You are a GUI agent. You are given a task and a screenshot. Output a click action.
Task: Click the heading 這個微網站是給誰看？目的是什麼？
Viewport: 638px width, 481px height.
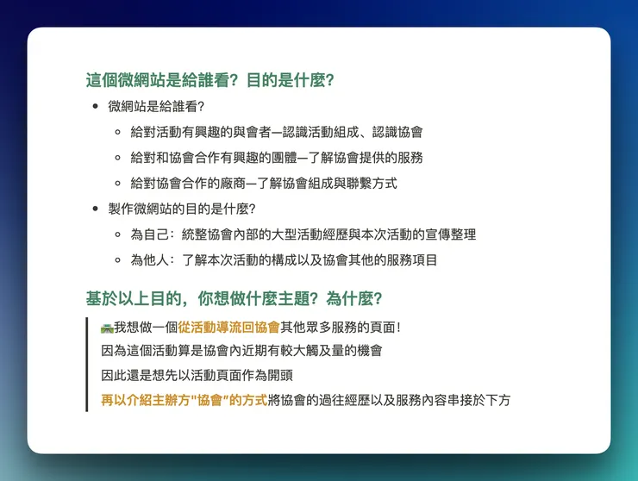coord(210,81)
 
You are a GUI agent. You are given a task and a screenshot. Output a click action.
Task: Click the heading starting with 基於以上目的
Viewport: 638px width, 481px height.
coord(234,299)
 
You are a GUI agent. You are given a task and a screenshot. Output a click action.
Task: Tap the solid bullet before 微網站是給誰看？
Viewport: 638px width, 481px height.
coord(95,107)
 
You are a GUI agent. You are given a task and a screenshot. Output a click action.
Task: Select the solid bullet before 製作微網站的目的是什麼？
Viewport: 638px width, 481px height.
coord(95,209)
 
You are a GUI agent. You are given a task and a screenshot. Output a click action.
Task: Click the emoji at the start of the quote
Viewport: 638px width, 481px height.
coord(107,327)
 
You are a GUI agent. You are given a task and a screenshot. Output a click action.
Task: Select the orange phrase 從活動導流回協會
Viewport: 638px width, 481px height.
coord(229,327)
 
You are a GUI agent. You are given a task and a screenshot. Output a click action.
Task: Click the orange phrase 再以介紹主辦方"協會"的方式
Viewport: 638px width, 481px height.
coord(184,400)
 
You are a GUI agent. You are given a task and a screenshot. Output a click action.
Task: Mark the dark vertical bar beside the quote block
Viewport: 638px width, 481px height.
coord(87,364)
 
